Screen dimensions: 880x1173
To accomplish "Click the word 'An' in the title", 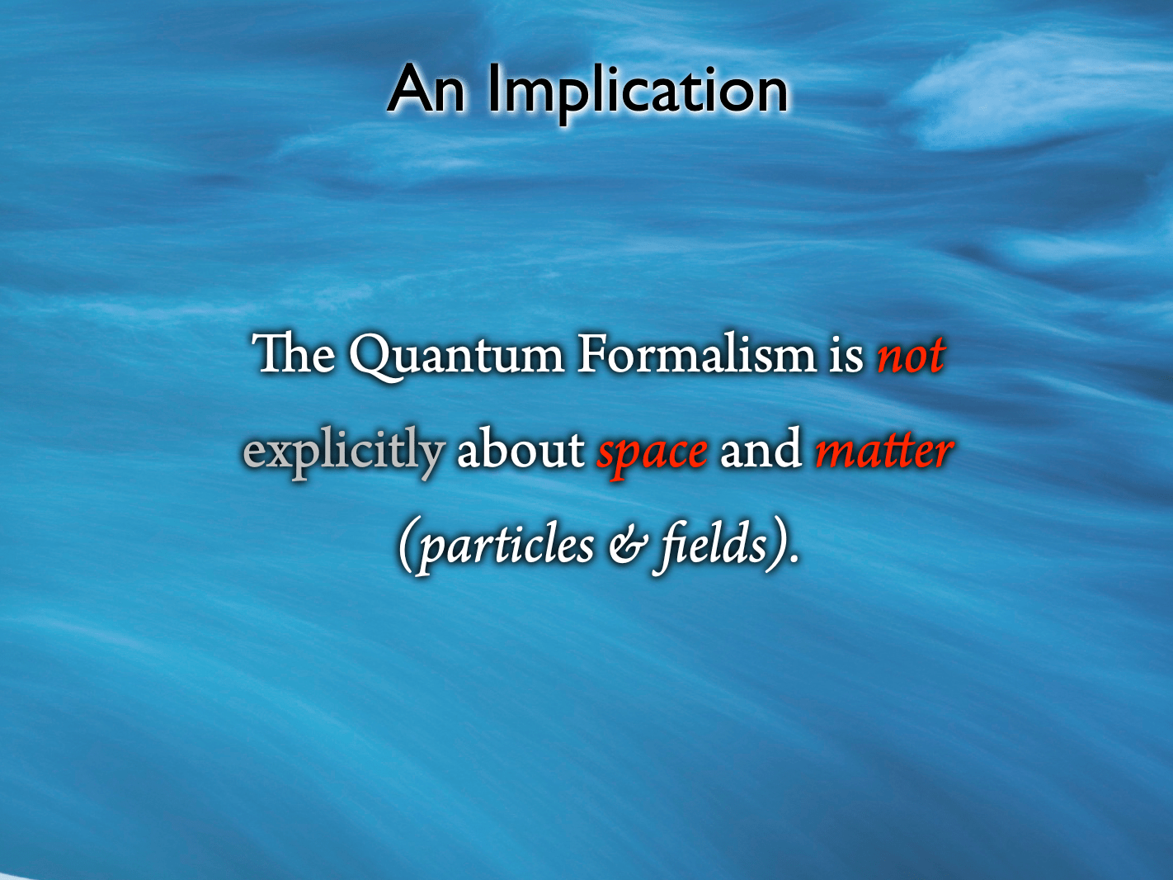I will tap(426, 90).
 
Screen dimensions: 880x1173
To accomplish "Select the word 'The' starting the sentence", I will tap(293, 355).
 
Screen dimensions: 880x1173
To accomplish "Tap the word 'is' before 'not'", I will tap(846, 356).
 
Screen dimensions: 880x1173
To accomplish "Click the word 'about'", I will tap(521, 450).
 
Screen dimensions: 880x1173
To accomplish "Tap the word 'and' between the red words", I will tap(761, 450).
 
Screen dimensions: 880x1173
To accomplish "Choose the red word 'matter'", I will tap(883, 452).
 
